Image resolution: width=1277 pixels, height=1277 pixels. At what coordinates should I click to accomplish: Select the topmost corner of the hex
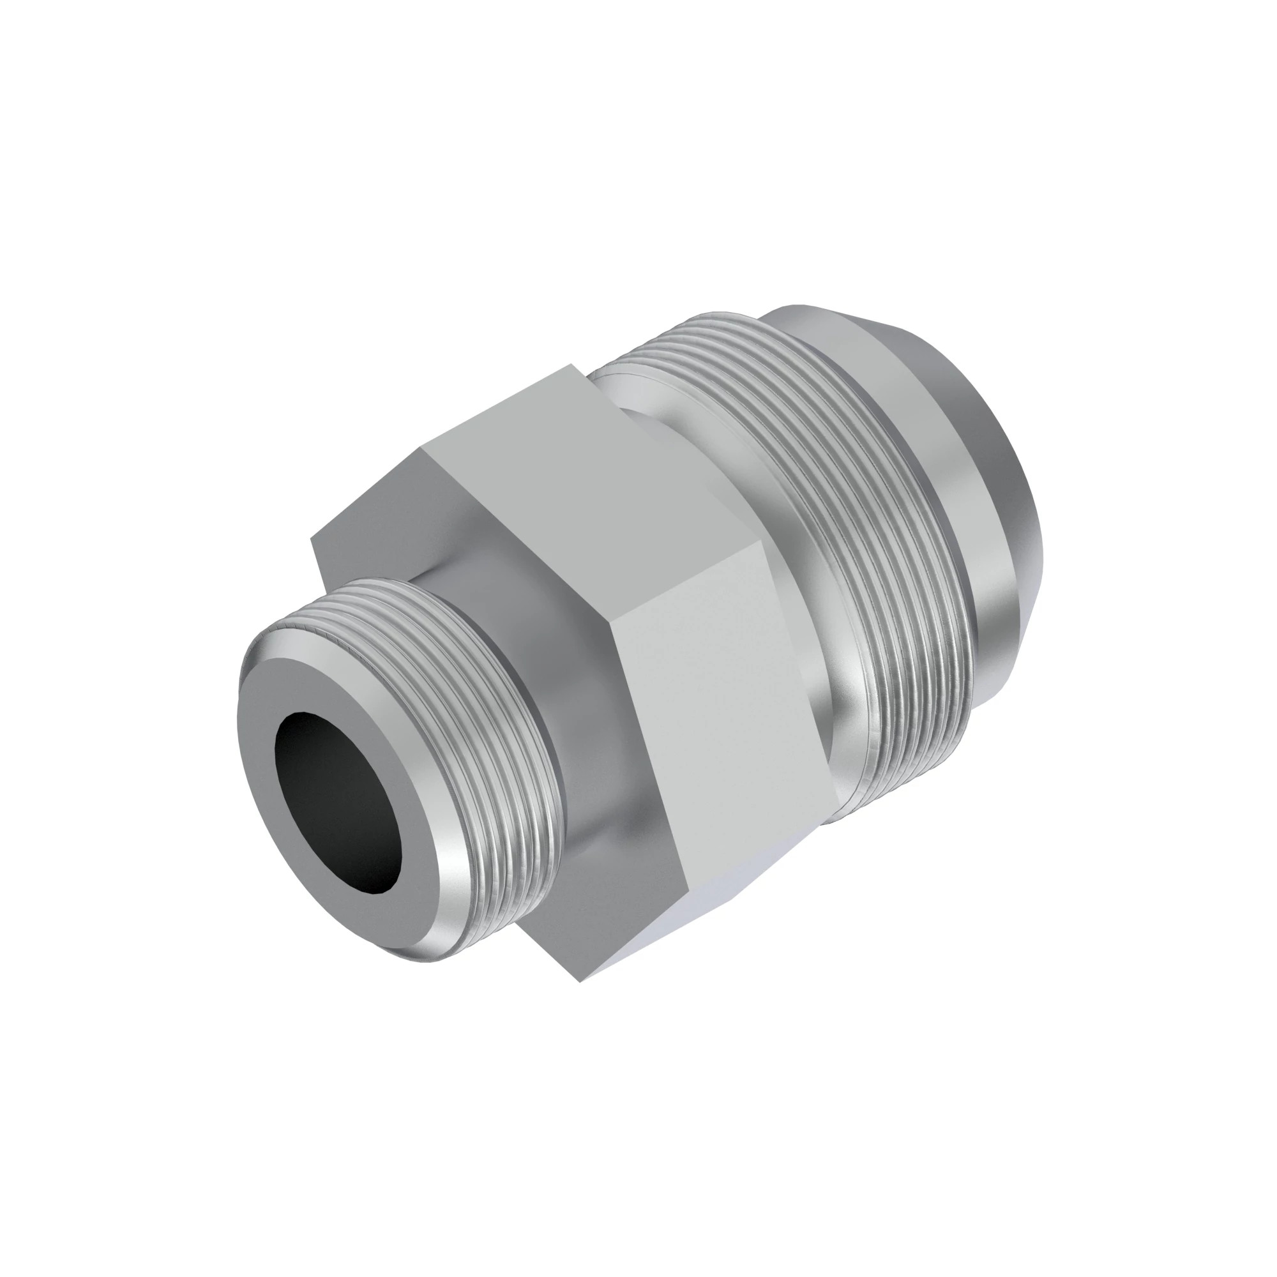coord(571,364)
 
